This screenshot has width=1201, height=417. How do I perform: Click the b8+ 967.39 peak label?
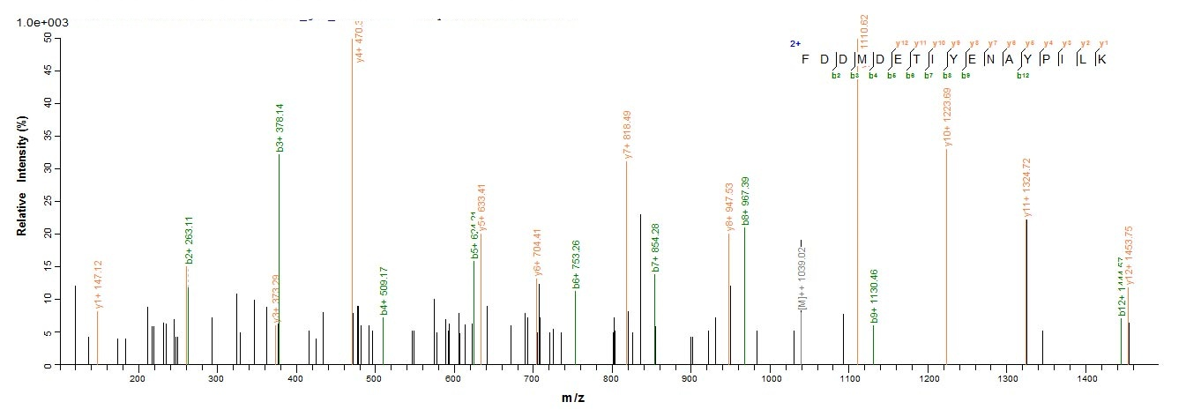point(746,201)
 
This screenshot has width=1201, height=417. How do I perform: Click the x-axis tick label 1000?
point(771,378)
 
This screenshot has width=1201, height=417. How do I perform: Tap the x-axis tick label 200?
point(137,378)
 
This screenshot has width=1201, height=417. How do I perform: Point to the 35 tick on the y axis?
point(45,136)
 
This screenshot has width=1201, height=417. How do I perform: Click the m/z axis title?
point(573,398)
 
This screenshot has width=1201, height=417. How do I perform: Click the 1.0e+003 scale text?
point(42,22)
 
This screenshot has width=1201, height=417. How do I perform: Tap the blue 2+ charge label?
point(794,43)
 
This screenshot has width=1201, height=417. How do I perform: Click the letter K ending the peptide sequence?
point(1101,59)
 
